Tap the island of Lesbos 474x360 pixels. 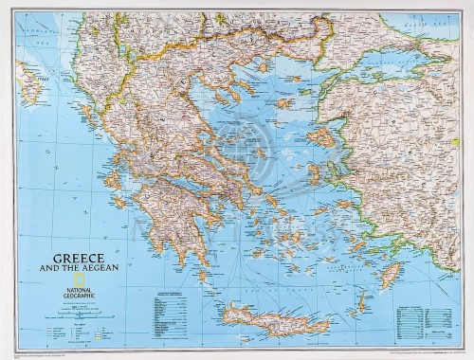[x=323, y=138]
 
